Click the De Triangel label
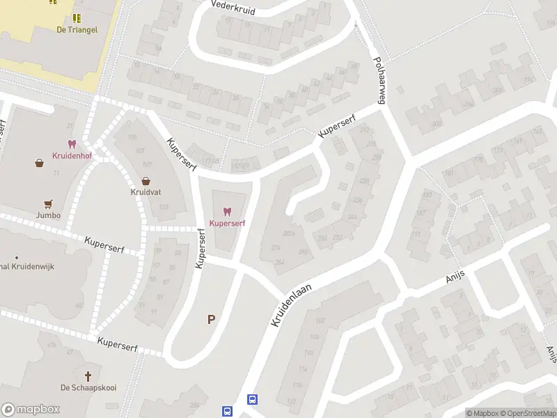77,29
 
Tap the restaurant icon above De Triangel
77,17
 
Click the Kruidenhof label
71,155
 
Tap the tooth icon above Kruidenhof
71,144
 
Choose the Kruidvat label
146,192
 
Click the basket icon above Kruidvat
146,180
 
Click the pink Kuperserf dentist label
226,223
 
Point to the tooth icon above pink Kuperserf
226,211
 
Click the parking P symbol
210,320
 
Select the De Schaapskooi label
88,387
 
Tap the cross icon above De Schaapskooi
88,376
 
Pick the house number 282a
290,233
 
